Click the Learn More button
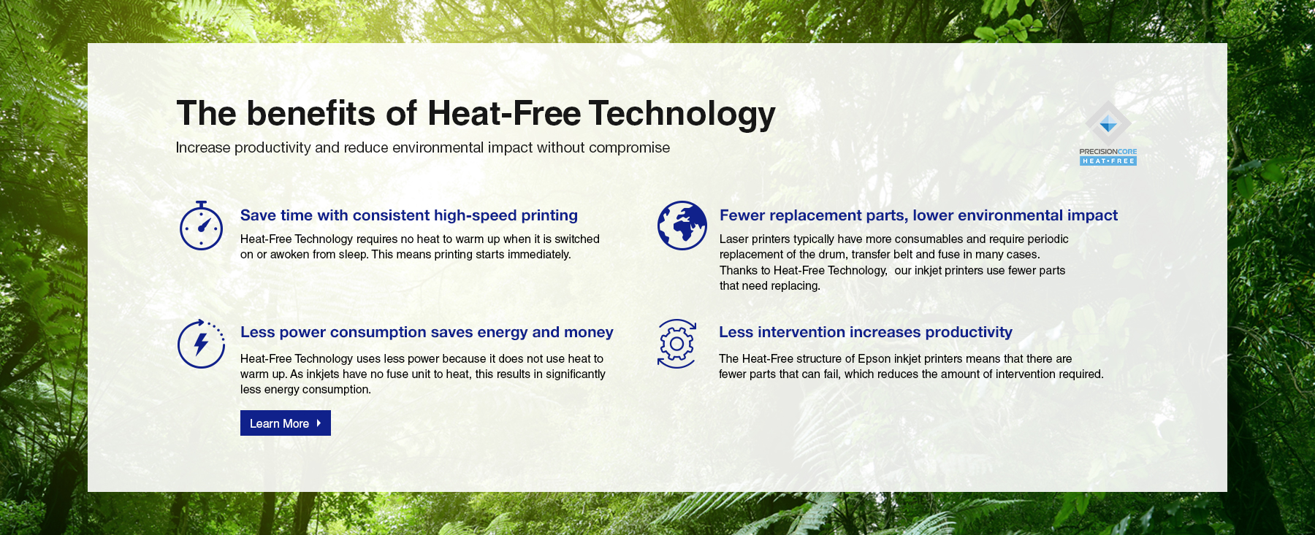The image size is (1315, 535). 286,423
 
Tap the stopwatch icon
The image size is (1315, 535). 201,226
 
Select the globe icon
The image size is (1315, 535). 682,226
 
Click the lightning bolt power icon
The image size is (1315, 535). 201,344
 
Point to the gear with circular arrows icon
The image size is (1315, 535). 676,344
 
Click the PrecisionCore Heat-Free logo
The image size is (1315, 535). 1108,134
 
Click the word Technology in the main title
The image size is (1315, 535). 682,115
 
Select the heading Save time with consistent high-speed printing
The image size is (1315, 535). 409,215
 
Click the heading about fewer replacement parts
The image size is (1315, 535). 918,215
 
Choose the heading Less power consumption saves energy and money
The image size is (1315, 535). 427,332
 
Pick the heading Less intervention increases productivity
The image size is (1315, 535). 866,332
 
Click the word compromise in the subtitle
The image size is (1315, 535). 629,148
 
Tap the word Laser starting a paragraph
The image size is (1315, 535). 733,239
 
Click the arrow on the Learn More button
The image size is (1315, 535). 319,423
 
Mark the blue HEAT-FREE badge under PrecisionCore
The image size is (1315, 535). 1108,161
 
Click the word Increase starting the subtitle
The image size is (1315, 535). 203,147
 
